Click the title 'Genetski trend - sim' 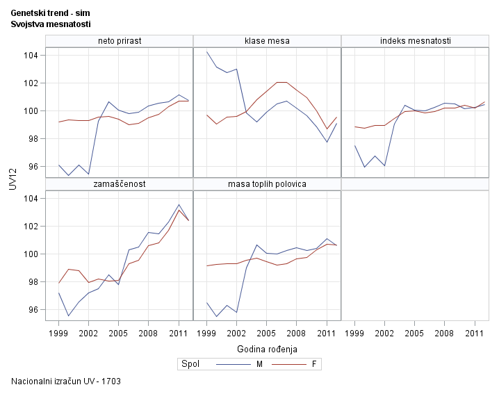point(50,13)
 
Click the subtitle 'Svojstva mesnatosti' point(51,24)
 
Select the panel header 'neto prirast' point(119,41)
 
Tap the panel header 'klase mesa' point(267,41)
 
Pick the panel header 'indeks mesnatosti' point(416,41)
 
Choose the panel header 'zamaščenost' point(119,184)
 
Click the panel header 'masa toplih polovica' point(267,184)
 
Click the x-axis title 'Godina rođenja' point(267,348)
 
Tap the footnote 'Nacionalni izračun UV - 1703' point(67,381)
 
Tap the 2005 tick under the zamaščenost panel point(119,333)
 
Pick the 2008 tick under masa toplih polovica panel point(297,333)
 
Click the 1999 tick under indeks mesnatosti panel point(355,333)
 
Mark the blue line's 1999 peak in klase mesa point(207,51)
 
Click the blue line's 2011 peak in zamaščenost point(179,205)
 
